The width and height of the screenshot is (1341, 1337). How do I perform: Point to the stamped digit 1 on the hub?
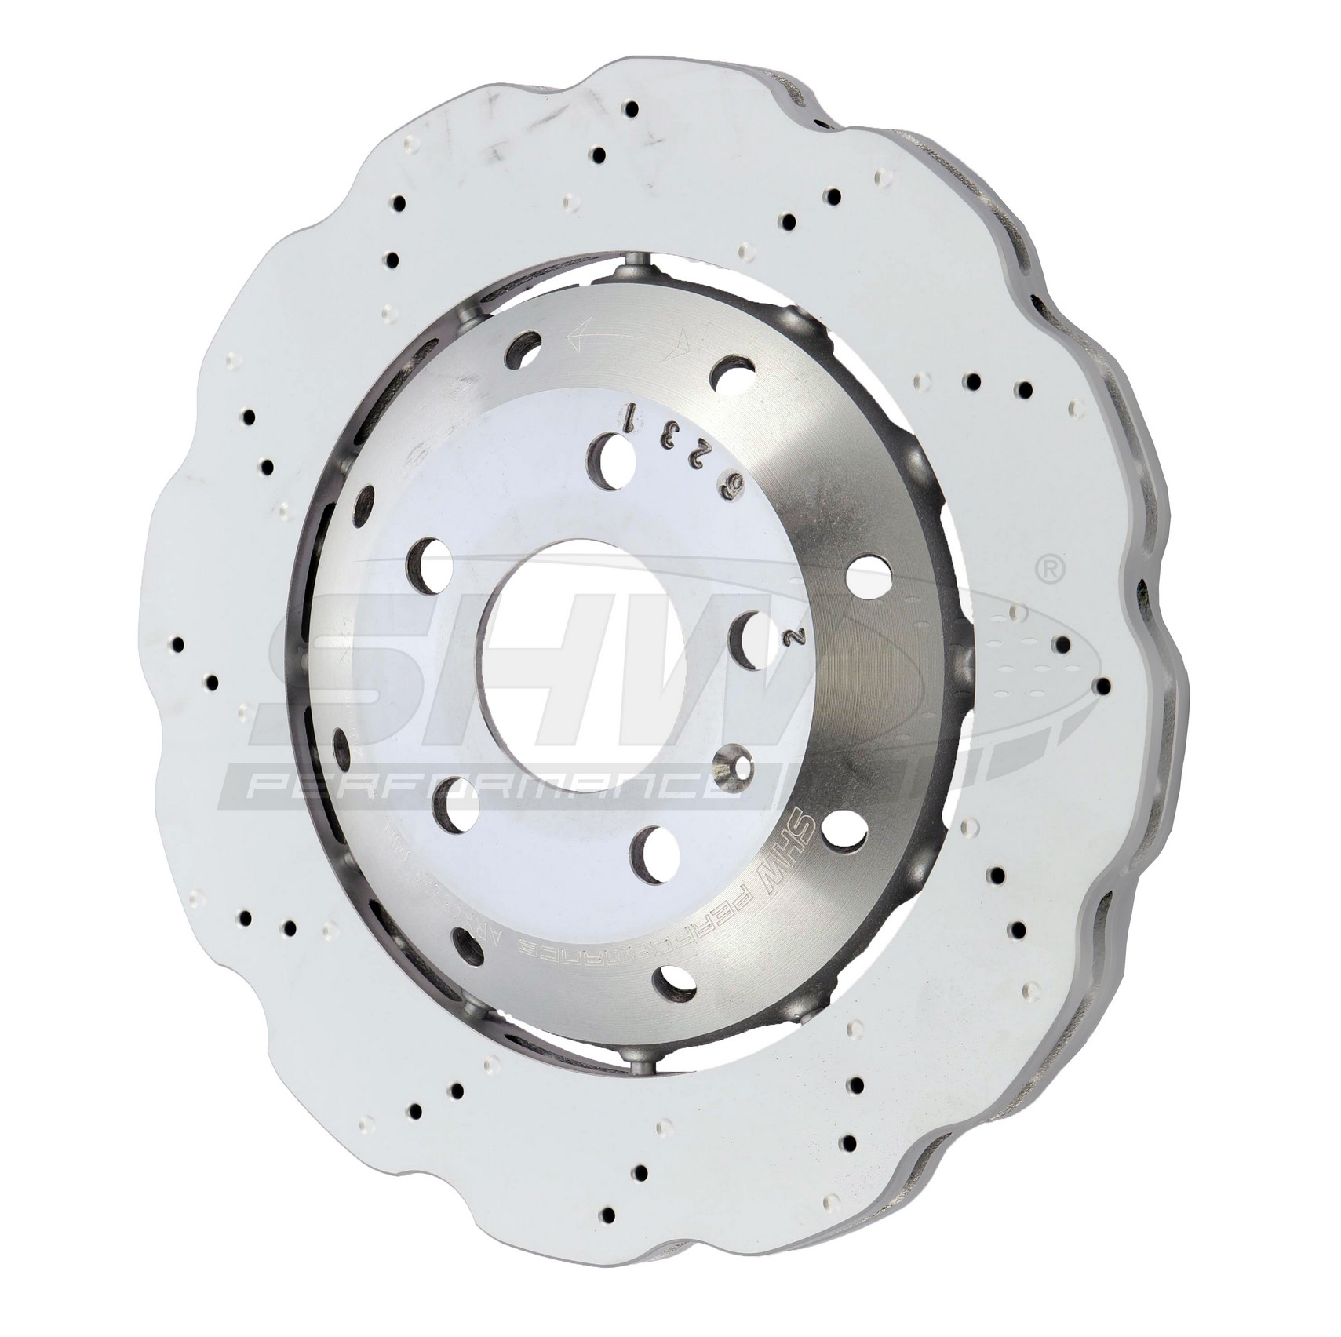tap(629, 413)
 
